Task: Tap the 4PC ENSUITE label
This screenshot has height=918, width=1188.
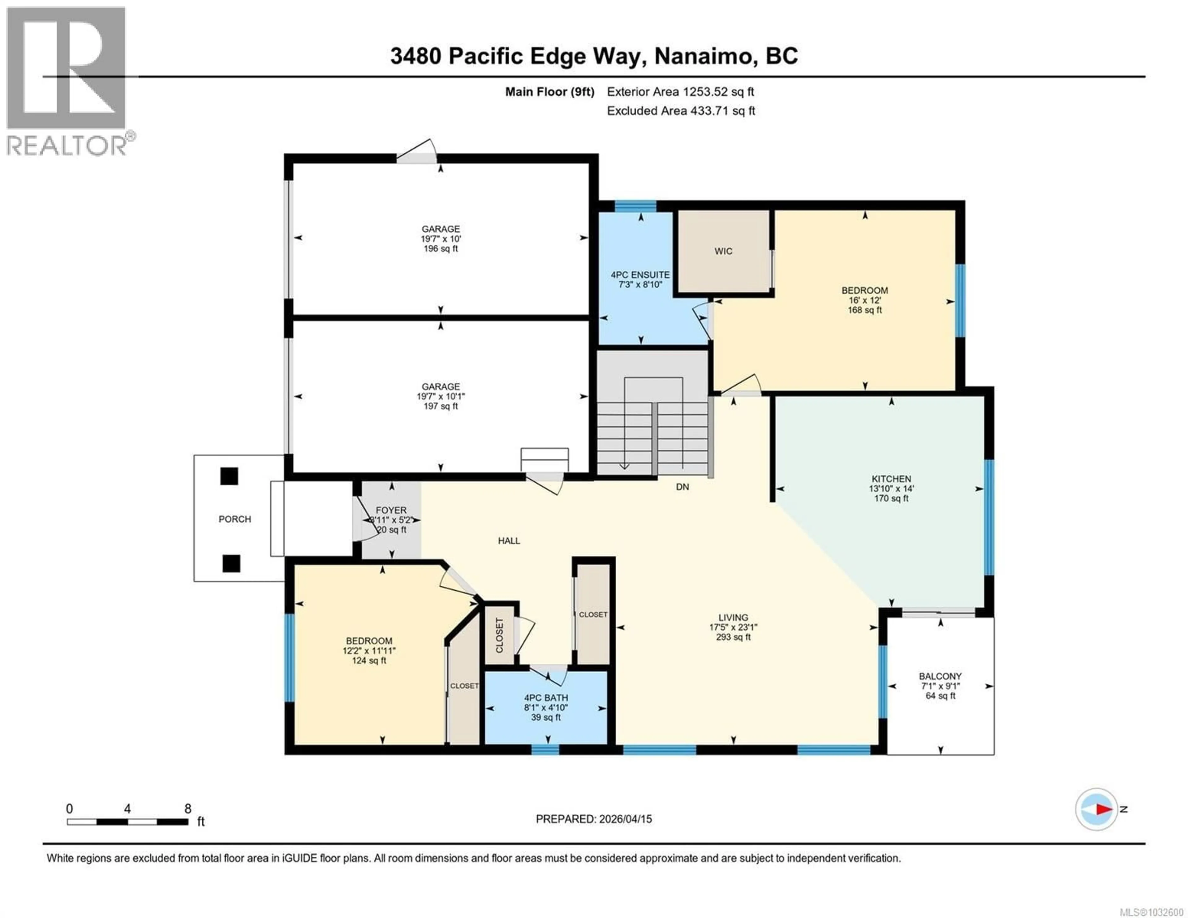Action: coord(640,275)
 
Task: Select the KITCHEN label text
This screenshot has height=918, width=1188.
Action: coord(891,479)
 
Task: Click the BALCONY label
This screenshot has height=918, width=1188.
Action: coord(940,676)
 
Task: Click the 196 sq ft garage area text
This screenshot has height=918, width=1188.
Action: coord(441,249)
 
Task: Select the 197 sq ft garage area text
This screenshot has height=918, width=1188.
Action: coord(441,406)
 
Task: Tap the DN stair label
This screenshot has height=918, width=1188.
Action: coord(682,486)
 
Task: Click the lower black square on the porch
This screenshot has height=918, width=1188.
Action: coord(231,563)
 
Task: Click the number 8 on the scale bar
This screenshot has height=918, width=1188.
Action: coord(188,808)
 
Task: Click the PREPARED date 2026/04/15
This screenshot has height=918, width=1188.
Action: coord(624,819)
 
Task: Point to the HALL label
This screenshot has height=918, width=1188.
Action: coord(509,540)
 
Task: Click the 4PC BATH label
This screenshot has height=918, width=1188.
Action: coord(546,698)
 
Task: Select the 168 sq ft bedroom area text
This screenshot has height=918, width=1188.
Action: coord(864,310)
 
